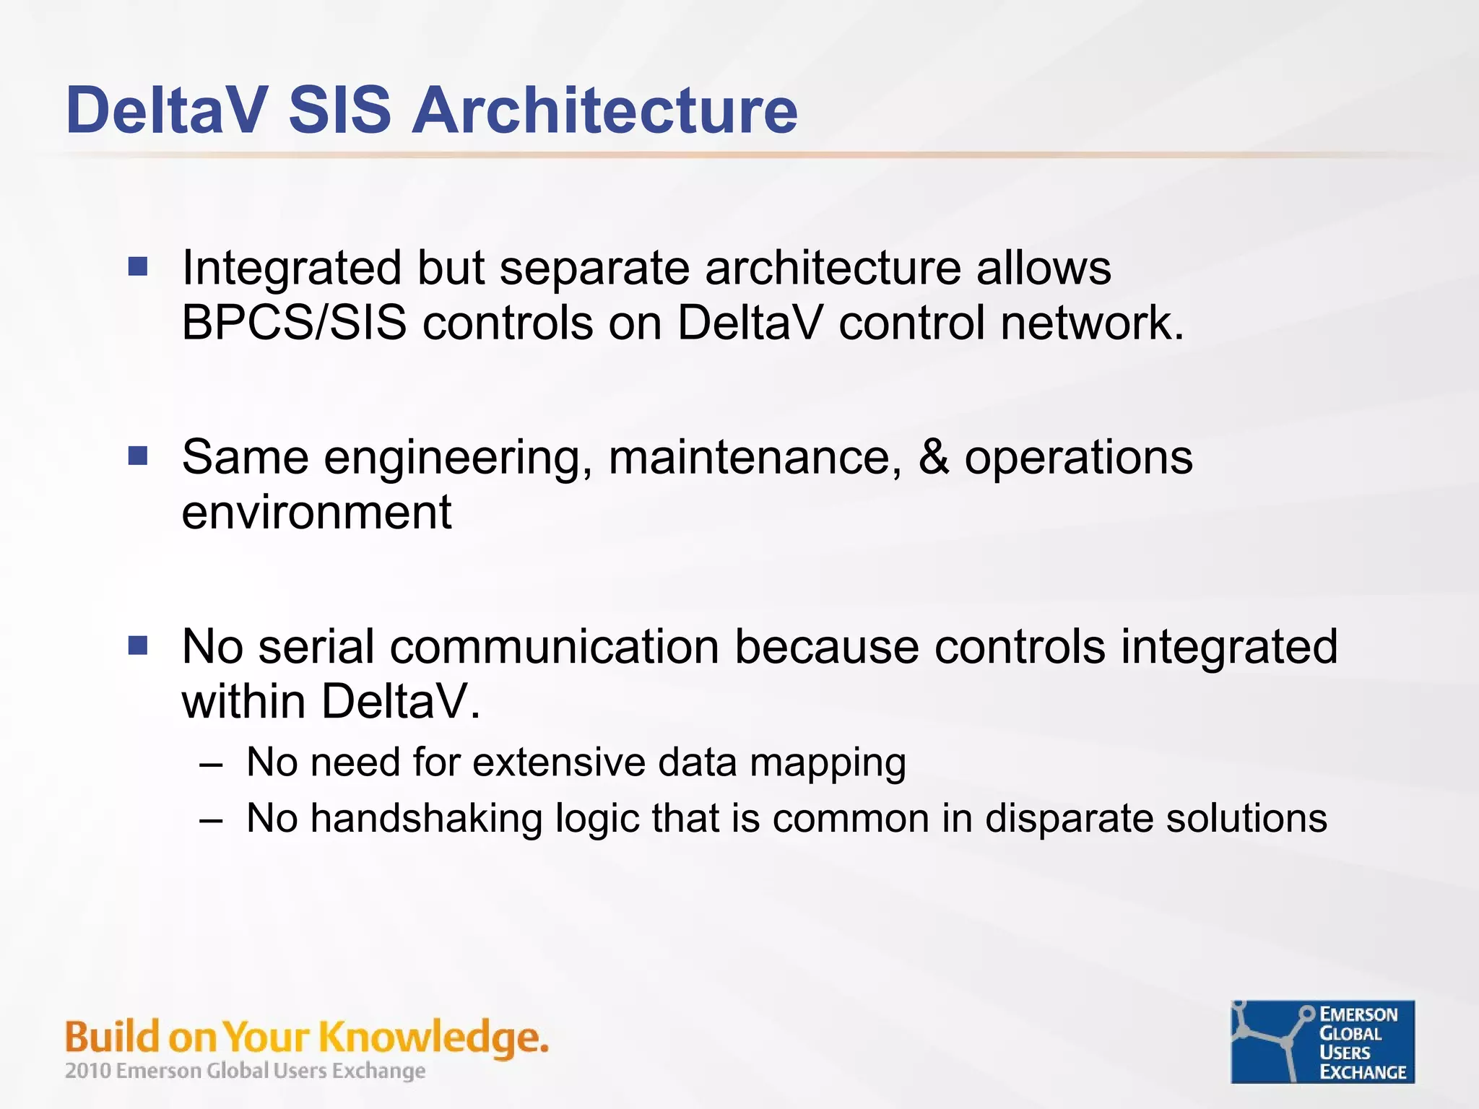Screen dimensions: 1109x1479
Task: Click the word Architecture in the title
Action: coord(604,110)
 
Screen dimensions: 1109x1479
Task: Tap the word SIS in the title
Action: coord(339,110)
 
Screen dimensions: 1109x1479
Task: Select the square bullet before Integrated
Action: coord(138,267)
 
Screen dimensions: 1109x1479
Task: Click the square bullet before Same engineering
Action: coord(138,456)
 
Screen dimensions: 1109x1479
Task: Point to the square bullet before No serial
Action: coord(138,645)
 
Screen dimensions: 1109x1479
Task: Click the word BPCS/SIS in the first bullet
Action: coord(294,323)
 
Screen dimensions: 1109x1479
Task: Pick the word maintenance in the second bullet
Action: coord(755,458)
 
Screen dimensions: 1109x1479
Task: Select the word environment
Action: coord(316,513)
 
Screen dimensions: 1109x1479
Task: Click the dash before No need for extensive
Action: coord(211,764)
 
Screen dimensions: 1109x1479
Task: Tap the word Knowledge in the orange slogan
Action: coord(432,1038)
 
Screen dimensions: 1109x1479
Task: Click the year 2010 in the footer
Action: coord(87,1071)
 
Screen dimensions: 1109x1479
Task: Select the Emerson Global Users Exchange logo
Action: coord(1322,1042)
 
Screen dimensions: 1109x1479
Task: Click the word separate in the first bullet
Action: coord(594,269)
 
